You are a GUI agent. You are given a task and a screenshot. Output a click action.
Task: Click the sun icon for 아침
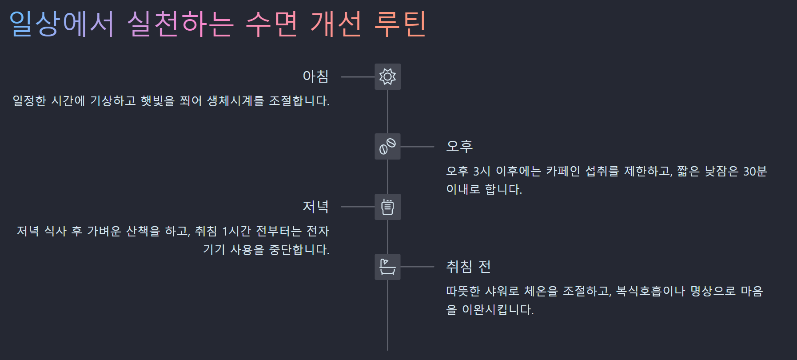[387, 76]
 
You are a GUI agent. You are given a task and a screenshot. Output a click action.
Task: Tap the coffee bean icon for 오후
[387, 146]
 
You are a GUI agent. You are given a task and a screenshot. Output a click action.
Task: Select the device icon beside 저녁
[387, 207]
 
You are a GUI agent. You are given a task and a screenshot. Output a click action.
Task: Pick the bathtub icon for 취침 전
[387, 267]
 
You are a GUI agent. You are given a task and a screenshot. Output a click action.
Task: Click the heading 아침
[315, 76]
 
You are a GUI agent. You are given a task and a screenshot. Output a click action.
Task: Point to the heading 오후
[459, 146]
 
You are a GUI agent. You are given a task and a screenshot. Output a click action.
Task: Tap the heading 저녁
[315, 207]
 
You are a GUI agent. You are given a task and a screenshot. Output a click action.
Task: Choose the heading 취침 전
[468, 267]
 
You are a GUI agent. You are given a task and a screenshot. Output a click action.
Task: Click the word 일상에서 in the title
[62, 24]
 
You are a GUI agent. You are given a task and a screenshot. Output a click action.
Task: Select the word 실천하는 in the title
[180, 24]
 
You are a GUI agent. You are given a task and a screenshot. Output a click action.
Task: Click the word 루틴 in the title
[400, 24]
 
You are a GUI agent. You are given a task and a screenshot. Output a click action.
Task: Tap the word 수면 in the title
[271, 24]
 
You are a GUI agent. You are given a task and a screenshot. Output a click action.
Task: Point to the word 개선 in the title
[336, 24]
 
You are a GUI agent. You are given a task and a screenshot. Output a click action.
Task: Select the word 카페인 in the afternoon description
[563, 171]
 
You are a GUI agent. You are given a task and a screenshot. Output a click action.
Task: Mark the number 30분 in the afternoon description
[755, 171]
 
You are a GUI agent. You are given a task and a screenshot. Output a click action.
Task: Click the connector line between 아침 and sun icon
[358, 76]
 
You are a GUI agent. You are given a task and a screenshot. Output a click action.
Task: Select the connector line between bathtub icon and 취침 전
[417, 267]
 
